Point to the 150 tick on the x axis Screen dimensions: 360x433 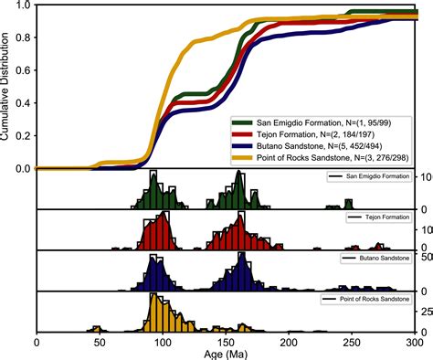[x=225, y=335]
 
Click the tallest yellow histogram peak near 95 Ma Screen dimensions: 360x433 [x=154, y=300]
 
